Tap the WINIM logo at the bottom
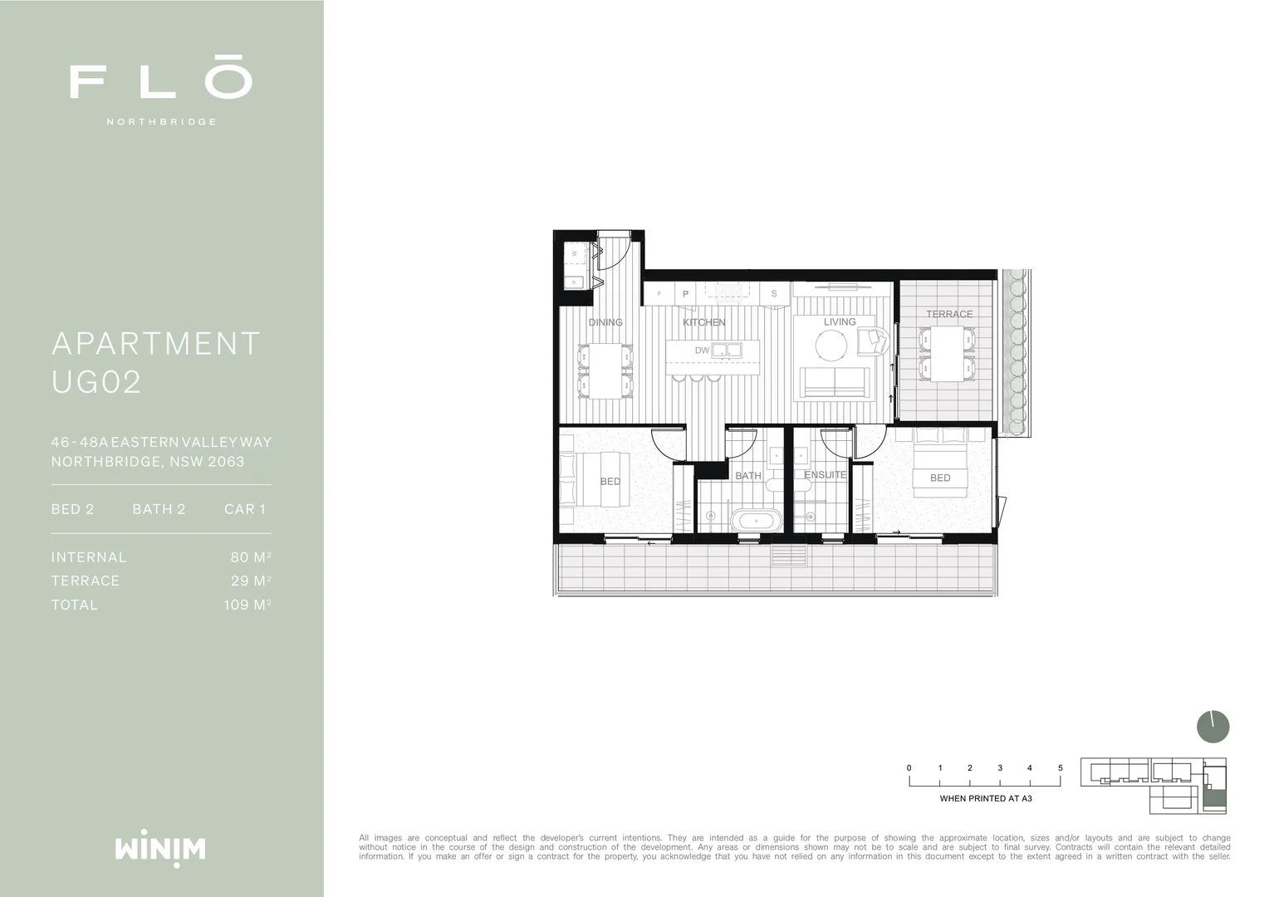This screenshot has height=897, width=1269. coord(160,849)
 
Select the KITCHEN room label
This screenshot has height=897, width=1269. coord(703,322)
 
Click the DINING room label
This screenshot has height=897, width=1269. coord(605,322)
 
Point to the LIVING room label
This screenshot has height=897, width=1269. coord(840,321)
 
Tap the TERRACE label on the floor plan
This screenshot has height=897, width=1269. coord(949,314)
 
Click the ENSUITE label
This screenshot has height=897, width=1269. coord(825,475)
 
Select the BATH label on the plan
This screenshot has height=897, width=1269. coord(748,476)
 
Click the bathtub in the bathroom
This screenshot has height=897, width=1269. coord(756,522)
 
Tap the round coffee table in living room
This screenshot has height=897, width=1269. coord(831,344)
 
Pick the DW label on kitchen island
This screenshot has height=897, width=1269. coord(703,350)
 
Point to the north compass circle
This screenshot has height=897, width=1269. coord(1213,727)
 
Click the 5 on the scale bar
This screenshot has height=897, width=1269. coord(1060,768)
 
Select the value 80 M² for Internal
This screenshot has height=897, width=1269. coord(251,557)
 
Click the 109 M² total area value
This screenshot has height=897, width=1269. coord(247,605)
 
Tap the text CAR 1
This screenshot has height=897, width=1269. coord(245,509)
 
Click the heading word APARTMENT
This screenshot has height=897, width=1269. coord(156,344)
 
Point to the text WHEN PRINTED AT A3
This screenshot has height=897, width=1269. coord(986,799)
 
